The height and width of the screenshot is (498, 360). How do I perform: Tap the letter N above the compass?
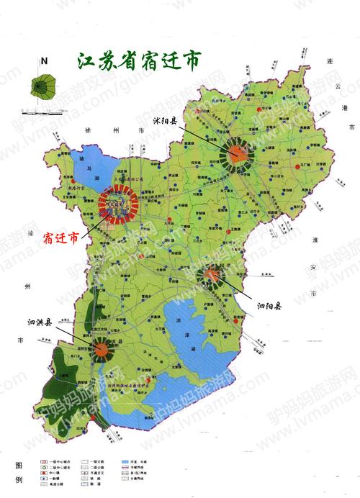click(44, 62)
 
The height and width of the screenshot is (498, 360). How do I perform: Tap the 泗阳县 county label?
click(269, 306)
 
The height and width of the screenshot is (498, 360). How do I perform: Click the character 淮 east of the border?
click(315, 240)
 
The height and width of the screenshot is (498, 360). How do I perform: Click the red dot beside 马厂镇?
click(298, 166)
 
